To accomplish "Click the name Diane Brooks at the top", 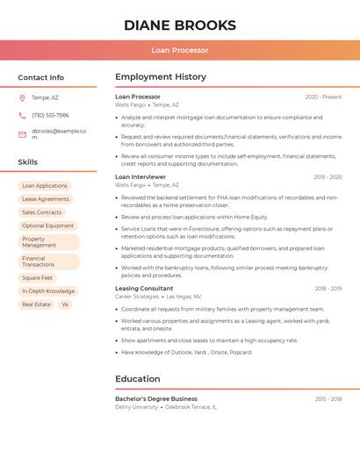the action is (x=180, y=25).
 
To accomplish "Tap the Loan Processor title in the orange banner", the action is (x=180, y=50).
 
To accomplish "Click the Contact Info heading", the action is (x=40, y=77).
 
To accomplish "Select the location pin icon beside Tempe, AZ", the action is (x=22, y=97).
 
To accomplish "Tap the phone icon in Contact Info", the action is (x=22, y=115).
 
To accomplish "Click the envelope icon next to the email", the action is (x=22, y=134).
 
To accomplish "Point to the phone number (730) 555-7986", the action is (x=50, y=115).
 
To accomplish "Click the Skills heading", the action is (x=27, y=162).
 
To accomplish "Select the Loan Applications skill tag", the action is (x=45, y=186).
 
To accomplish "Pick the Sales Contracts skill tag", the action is (x=42, y=212).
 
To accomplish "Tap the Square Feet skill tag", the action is (x=38, y=278).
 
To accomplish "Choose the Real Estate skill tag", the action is (x=36, y=304).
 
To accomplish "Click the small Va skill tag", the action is (x=64, y=304).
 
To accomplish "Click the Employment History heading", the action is (x=161, y=77).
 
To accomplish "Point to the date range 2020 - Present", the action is (x=323, y=97).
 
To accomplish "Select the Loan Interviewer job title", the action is (x=140, y=177).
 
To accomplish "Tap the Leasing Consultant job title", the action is (x=144, y=289).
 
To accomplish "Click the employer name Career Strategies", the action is (x=137, y=297).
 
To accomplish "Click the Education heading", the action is (x=138, y=379).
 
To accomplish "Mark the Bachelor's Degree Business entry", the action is (x=156, y=398).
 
